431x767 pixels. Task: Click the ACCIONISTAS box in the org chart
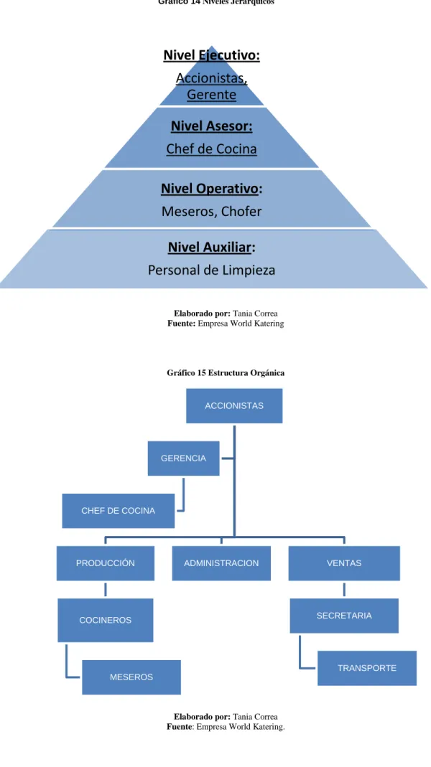(234, 405)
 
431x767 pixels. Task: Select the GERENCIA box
(184, 458)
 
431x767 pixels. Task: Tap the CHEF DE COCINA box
(118, 511)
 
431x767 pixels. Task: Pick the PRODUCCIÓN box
(106, 563)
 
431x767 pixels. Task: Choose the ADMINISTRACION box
(221, 563)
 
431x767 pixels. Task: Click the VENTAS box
(344, 563)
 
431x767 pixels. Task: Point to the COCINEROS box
(106, 620)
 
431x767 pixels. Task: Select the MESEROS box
(131, 677)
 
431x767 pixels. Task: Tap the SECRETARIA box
(344, 616)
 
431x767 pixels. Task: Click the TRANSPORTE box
(367, 668)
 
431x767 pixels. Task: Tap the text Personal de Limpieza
(212, 270)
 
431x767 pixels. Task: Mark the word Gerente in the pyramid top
(212, 95)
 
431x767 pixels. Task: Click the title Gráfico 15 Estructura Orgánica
(226, 373)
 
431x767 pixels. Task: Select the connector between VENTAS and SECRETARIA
(344, 590)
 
